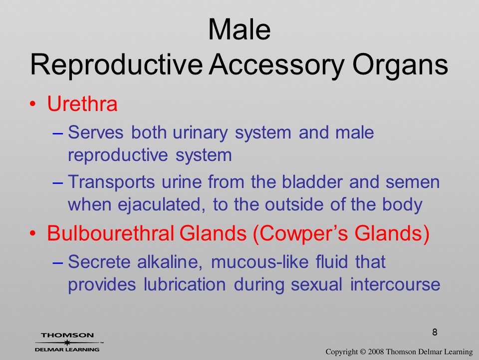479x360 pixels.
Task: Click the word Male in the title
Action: pos(239,29)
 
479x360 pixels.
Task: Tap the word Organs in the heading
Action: pos(400,65)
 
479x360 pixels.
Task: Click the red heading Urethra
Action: pos(82,103)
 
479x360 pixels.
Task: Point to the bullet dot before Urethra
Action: pos(33,104)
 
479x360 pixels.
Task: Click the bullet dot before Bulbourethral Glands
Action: pos(33,233)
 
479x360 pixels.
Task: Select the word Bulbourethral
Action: pos(110,233)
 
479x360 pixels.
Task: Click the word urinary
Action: pos(200,133)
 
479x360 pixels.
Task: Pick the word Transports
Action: pos(111,182)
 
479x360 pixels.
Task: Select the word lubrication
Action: pos(185,284)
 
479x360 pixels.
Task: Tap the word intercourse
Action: pos(395,284)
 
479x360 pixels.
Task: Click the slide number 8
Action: pos(435,332)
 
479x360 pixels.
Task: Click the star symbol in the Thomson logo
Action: pos(67,342)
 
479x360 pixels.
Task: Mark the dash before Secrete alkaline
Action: pos(58,263)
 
